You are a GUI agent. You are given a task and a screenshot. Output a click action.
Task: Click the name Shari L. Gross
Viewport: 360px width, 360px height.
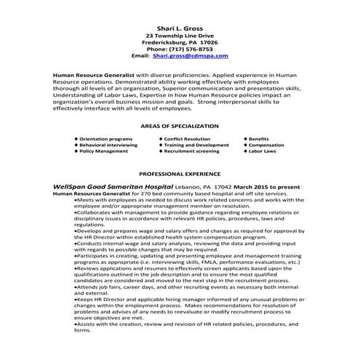tap(180, 25)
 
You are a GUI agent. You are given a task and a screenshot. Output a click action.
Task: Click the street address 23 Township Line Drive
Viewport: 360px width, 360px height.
tap(180, 35)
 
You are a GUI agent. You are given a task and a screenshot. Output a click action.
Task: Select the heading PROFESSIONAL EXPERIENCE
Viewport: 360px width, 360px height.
tap(180, 175)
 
